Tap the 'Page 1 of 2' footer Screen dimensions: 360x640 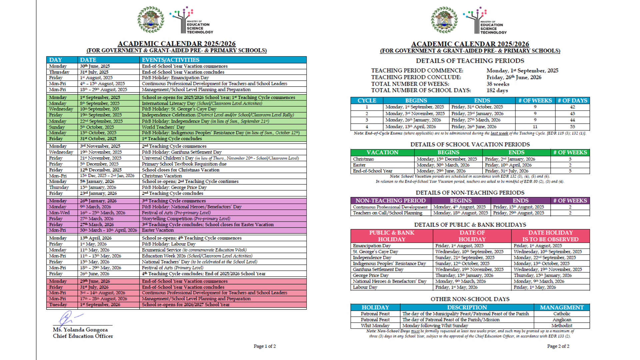[x=265, y=346]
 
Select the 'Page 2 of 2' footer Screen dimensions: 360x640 [x=558, y=346]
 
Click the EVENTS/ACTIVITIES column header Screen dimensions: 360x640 [x=171, y=60]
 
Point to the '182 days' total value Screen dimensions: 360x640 [x=497, y=90]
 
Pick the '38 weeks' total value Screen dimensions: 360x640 [x=498, y=84]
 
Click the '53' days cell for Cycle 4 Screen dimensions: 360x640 [x=572, y=127]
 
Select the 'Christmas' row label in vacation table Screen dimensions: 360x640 [x=363, y=159]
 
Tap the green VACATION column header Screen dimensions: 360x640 [x=382, y=152]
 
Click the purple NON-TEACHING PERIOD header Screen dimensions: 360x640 [x=390, y=201]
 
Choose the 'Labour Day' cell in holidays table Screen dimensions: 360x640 [x=365, y=287]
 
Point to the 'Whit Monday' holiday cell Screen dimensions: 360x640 [x=375, y=326]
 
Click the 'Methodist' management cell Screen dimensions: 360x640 [x=562, y=326]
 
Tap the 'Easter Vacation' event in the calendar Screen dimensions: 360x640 [x=158, y=230]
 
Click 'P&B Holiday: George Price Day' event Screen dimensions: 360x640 [x=174, y=187]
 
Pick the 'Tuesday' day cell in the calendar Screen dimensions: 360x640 [x=58, y=305]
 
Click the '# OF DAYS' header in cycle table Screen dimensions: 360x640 [x=572, y=101]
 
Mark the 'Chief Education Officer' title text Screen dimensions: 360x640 [x=83, y=336]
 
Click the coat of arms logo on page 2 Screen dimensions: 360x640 [x=444, y=20]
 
